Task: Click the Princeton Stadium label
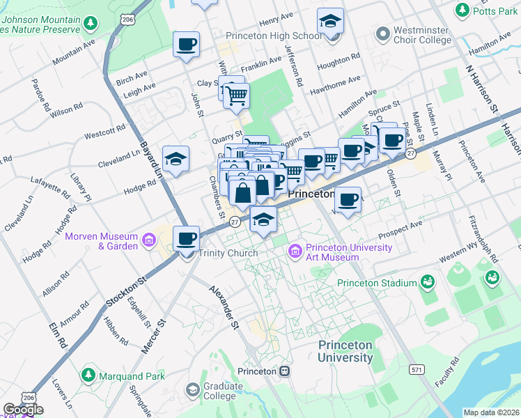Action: tap(376, 283)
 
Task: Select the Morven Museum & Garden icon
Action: tap(149, 240)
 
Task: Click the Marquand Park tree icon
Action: tap(88, 376)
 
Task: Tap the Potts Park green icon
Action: tap(461, 10)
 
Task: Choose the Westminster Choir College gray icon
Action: tap(382, 33)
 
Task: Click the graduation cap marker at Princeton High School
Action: tap(330, 21)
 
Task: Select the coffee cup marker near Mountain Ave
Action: tap(186, 45)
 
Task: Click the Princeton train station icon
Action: tap(284, 371)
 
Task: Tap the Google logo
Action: tap(22, 410)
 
